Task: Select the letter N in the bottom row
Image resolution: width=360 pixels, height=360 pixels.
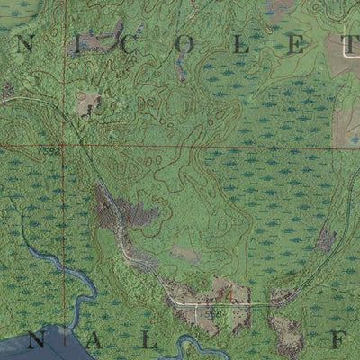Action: pos(39,340)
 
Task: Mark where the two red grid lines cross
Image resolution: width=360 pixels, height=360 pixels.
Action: pos(63,145)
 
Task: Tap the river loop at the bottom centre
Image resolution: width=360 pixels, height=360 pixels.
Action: pos(193,346)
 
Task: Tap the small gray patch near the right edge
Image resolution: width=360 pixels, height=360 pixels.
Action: pos(326,239)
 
